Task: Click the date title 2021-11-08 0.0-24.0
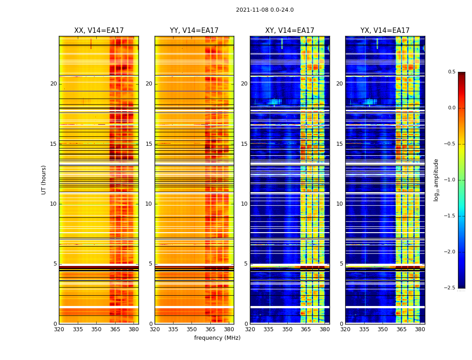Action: (265, 10)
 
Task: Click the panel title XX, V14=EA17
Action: (99, 31)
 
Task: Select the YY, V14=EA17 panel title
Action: (194, 31)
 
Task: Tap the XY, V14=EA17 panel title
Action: (289, 31)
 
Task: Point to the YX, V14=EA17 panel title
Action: (385, 31)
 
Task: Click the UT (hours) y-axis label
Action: (44, 180)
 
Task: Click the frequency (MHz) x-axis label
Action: (217, 338)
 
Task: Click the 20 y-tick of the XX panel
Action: (53, 84)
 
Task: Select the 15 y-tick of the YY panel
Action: (149, 144)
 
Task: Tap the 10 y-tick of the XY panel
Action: (244, 204)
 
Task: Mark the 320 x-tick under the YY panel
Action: (155, 329)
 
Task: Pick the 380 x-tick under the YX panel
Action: (420, 329)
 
